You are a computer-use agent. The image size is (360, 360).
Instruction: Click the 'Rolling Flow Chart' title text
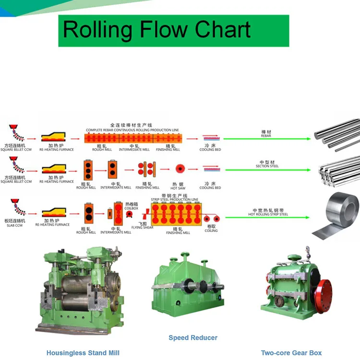point(156,30)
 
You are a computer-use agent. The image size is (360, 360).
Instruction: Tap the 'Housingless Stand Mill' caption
point(83,353)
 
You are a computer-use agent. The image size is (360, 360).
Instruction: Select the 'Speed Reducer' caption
point(193,337)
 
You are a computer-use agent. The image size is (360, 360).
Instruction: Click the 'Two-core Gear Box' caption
point(291,353)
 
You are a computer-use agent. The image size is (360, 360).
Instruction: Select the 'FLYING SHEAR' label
point(143,227)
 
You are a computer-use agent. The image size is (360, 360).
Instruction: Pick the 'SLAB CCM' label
point(15,225)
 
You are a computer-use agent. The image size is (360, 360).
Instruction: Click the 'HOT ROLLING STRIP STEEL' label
point(268,214)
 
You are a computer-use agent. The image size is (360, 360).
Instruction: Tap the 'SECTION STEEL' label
point(267,166)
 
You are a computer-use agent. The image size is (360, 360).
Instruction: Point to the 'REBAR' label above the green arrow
point(266,136)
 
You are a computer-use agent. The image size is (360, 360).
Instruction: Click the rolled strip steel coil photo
point(336,215)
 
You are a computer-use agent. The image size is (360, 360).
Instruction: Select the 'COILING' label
point(211,230)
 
